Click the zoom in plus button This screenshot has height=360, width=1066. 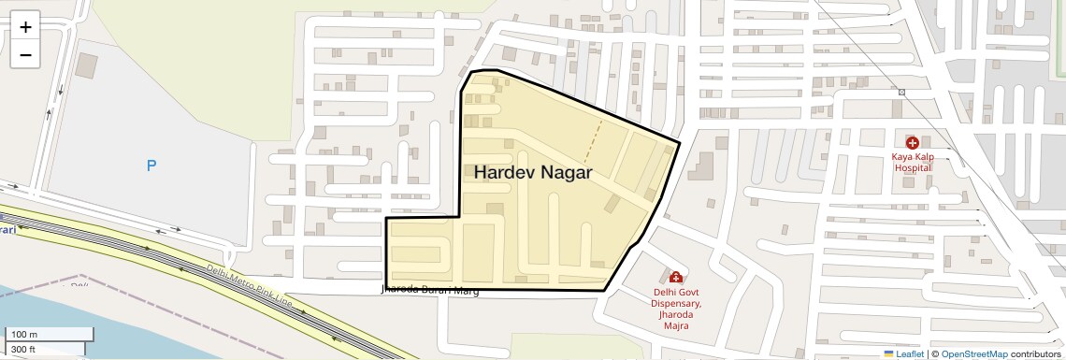[x=25, y=27]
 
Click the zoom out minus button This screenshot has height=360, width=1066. [x=25, y=55]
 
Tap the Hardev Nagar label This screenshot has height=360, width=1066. [x=533, y=173]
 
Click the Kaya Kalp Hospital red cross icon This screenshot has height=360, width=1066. [x=912, y=143]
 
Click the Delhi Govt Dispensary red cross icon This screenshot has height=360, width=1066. [x=675, y=277]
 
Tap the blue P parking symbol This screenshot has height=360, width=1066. [x=151, y=166]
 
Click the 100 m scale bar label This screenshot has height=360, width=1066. [x=24, y=335]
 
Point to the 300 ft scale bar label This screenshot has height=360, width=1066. [x=24, y=350]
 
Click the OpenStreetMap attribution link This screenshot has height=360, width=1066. [x=974, y=354]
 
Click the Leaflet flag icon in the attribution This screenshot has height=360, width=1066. [x=888, y=354]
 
